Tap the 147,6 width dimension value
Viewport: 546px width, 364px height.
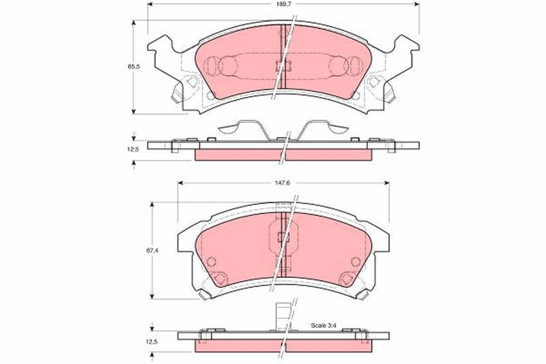click(283, 183)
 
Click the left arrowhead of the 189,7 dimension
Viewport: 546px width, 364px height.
click(150, 4)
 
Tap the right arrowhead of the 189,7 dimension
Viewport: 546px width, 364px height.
click(416, 4)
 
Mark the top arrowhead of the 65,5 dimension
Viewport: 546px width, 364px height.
click(134, 23)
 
